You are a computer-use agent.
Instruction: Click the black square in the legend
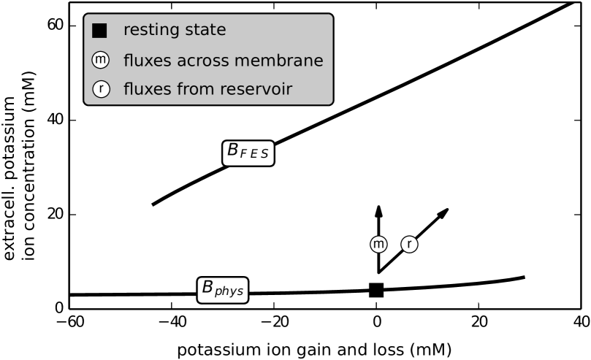99,31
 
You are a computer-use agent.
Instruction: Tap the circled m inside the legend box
100,61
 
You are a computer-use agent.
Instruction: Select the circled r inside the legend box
100,89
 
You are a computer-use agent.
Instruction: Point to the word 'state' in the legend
205,31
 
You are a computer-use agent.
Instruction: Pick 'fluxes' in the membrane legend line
147,61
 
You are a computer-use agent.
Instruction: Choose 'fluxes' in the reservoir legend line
147,89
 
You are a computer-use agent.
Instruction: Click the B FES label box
248,153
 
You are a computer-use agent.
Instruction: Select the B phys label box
223,289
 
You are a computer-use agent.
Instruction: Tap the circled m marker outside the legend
378,245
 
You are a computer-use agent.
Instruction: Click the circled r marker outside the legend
409,245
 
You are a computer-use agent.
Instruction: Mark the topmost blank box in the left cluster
153,180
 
